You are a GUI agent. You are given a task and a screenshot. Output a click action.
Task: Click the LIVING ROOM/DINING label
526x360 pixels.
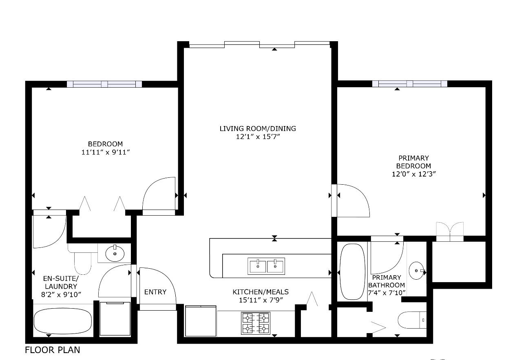coord(258,128)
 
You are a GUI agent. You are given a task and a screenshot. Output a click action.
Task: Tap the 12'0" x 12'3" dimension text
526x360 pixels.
coord(414,174)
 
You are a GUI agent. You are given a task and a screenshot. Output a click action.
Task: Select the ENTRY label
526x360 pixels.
coord(155,292)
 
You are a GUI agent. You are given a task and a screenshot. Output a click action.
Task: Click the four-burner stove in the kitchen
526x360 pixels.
coord(256,323)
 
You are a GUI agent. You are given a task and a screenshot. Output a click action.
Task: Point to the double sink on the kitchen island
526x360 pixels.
coord(266,267)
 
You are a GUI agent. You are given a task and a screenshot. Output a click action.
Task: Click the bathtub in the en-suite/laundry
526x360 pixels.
coord(62,320)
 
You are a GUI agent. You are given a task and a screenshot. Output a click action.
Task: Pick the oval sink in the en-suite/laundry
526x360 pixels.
coord(115,254)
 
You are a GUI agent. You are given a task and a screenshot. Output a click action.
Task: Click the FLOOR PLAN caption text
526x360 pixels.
coord(53,350)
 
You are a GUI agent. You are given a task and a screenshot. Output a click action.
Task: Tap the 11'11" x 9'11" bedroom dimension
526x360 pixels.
coord(105,152)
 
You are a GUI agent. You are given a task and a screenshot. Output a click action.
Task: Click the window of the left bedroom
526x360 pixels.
coord(104,84)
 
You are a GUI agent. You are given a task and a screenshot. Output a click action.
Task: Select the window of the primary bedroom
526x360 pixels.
coord(409,84)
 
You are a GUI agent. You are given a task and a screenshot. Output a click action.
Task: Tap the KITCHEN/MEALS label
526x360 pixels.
coord(261,292)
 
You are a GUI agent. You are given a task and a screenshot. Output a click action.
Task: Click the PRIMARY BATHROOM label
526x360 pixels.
coord(386,281)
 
